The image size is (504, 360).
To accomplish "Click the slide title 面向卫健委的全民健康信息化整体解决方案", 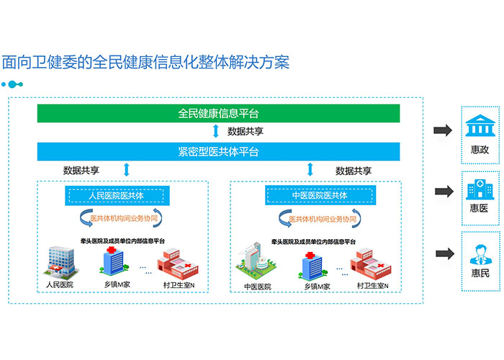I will (145, 62).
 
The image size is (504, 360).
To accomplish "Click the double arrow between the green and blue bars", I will (215, 132).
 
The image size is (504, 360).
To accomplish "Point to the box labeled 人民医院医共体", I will (117, 195).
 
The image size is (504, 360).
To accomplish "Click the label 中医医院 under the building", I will (256, 286).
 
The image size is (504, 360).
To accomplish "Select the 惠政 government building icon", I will (479, 127).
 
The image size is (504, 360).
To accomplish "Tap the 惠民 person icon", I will (479, 253).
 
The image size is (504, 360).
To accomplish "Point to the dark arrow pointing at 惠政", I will (442, 130).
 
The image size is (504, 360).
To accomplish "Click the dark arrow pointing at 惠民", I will (442, 253).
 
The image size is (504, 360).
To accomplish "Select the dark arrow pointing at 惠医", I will (442, 192).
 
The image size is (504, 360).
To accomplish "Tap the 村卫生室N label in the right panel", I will (372, 286).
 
